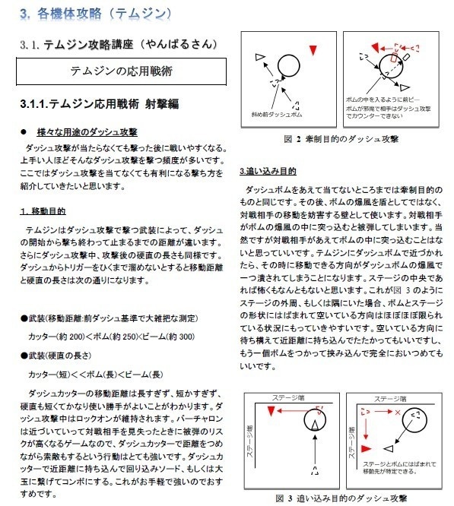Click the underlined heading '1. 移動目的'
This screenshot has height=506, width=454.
tap(45, 210)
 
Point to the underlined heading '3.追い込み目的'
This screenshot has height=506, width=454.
tap(268, 171)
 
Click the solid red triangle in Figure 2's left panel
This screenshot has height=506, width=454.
tap(313, 50)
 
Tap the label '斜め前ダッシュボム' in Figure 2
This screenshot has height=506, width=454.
tap(277, 115)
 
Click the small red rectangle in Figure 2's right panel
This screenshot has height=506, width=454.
tap(394, 57)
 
